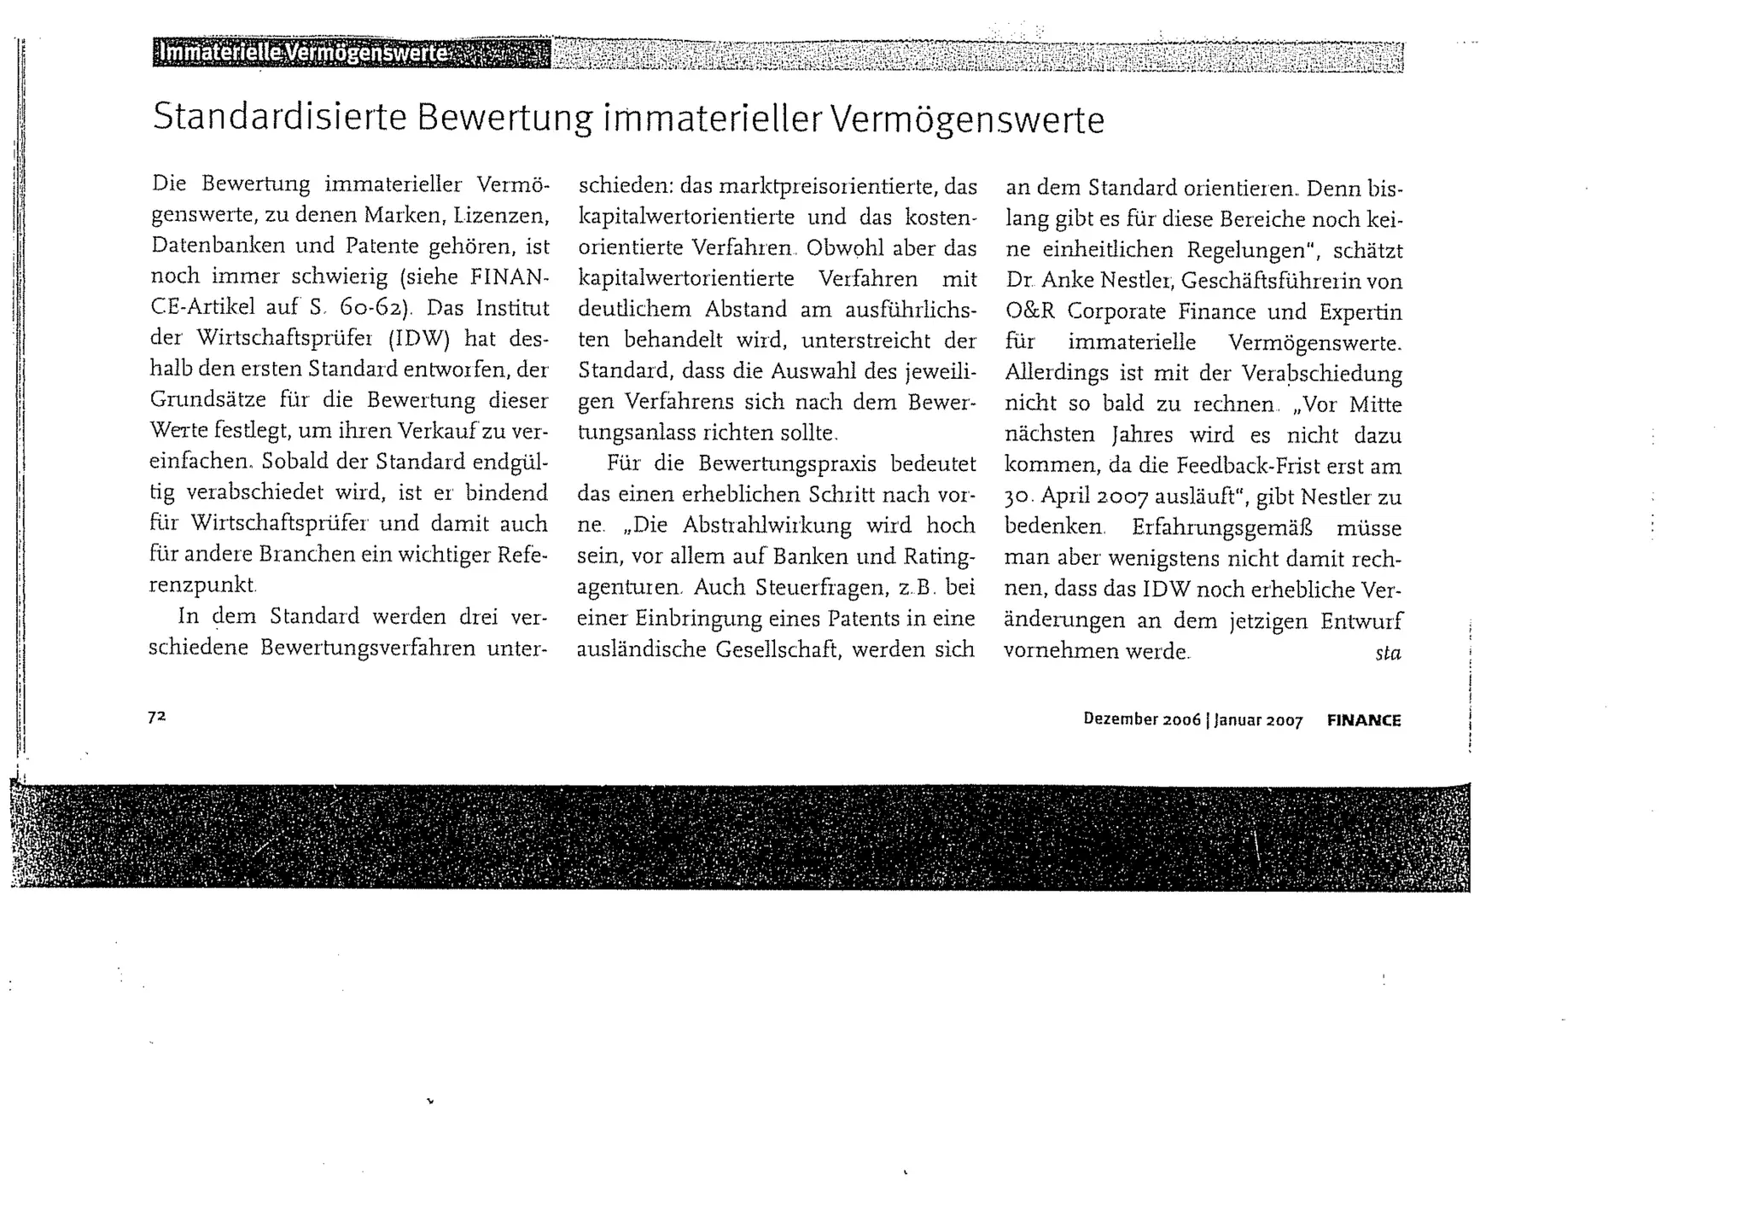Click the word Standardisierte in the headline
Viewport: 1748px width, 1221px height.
(x=279, y=118)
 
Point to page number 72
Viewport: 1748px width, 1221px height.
(x=156, y=717)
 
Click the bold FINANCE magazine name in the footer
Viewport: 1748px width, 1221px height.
(x=1364, y=720)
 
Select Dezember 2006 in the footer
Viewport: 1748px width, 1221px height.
(x=1142, y=719)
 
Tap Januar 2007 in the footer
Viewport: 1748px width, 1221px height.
(x=1258, y=720)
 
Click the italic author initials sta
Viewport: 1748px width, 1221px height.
(x=1388, y=654)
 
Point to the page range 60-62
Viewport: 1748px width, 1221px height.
(x=370, y=307)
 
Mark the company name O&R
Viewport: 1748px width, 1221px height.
(x=1029, y=311)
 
